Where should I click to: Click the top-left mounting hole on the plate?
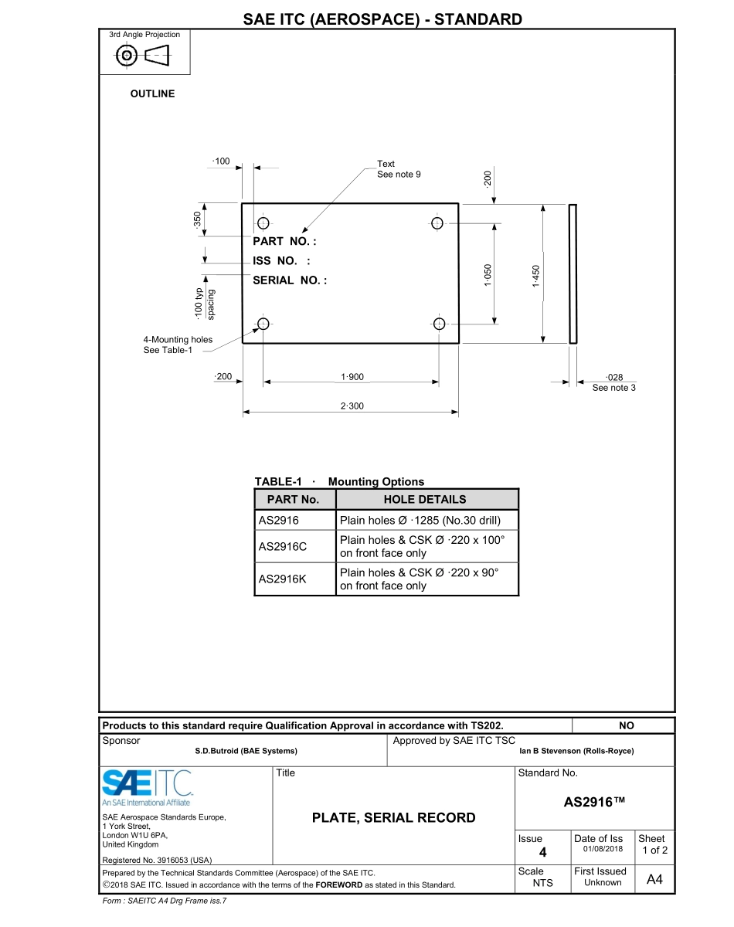point(263,223)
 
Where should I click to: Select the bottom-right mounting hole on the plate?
point(440,324)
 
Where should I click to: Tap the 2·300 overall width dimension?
point(352,406)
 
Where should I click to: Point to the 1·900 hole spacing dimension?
point(352,377)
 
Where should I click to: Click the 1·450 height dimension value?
point(535,276)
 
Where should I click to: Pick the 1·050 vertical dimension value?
point(488,275)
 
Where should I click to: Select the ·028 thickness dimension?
point(614,377)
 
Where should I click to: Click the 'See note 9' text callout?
point(399,175)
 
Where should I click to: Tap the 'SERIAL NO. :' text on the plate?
point(290,280)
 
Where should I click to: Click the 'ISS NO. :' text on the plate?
point(281,261)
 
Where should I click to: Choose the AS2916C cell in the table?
point(283,547)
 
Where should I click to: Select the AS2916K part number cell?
point(283,579)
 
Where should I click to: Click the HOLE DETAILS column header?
point(425,499)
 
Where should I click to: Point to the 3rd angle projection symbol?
point(144,56)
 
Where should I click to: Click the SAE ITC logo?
point(148,783)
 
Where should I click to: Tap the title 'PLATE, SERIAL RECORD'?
point(394,817)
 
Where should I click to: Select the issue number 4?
point(542,852)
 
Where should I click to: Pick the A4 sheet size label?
point(654,880)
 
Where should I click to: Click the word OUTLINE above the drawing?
point(152,94)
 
